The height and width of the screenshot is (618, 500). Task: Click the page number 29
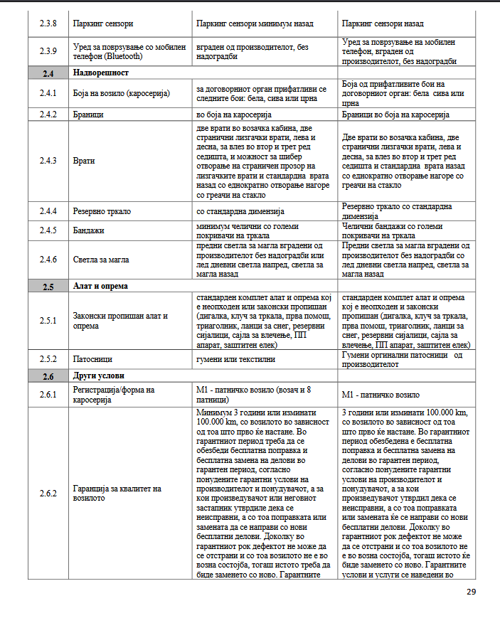[471, 592]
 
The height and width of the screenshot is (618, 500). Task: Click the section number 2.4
[48, 73]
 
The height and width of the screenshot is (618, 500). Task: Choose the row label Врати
[84, 161]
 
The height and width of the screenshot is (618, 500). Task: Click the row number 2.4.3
[48, 161]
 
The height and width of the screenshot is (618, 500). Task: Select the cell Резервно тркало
[102, 211]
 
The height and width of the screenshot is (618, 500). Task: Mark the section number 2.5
[48, 287]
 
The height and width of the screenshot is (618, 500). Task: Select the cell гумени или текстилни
[235, 359]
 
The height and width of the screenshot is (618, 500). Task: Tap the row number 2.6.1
[48, 395]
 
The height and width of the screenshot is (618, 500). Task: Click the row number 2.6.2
[48, 493]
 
